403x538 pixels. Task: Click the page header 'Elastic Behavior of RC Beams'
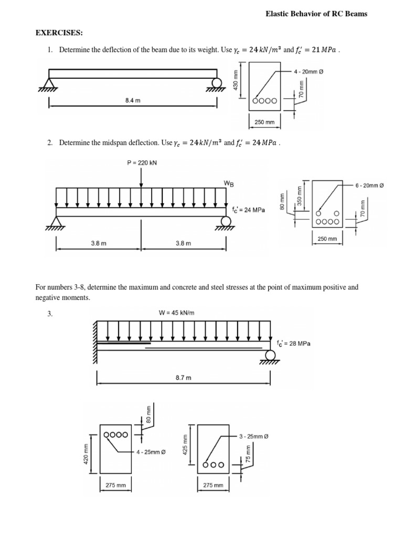click(x=316, y=14)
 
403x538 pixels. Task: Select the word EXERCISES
click(x=59, y=33)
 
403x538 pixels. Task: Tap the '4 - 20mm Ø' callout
click(x=309, y=71)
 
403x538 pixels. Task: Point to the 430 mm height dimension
click(x=236, y=80)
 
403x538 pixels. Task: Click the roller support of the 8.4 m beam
click(x=216, y=83)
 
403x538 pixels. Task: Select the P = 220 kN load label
click(x=142, y=163)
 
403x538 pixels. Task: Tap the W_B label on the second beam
click(x=229, y=183)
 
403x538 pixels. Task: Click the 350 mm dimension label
click(x=300, y=194)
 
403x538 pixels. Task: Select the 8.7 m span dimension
click(x=184, y=377)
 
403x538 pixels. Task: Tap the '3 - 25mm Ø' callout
click(x=254, y=437)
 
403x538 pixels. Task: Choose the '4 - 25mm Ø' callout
click(x=151, y=452)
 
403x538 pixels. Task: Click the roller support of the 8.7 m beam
click(x=270, y=356)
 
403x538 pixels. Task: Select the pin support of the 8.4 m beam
click(x=50, y=84)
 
